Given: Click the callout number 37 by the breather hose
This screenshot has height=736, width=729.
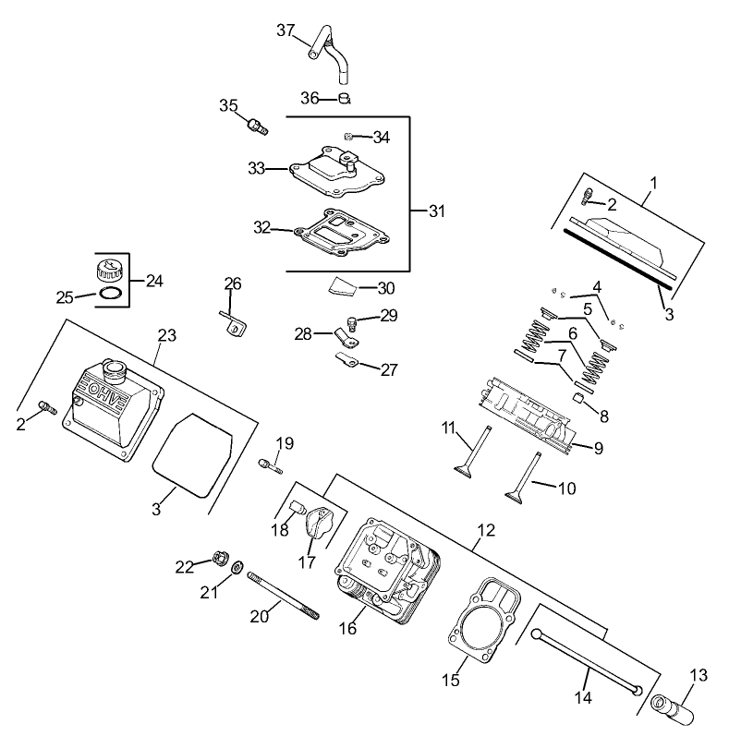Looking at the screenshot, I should [x=286, y=30].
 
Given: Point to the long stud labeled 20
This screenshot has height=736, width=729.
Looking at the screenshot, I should [x=283, y=597].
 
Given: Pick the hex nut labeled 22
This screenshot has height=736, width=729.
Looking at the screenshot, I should [x=220, y=557].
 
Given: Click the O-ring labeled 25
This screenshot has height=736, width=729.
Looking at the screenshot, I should [x=110, y=294].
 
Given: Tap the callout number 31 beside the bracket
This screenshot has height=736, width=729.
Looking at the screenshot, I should [x=436, y=211].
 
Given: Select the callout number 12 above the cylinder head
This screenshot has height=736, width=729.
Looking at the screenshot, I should [x=486, y=531].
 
